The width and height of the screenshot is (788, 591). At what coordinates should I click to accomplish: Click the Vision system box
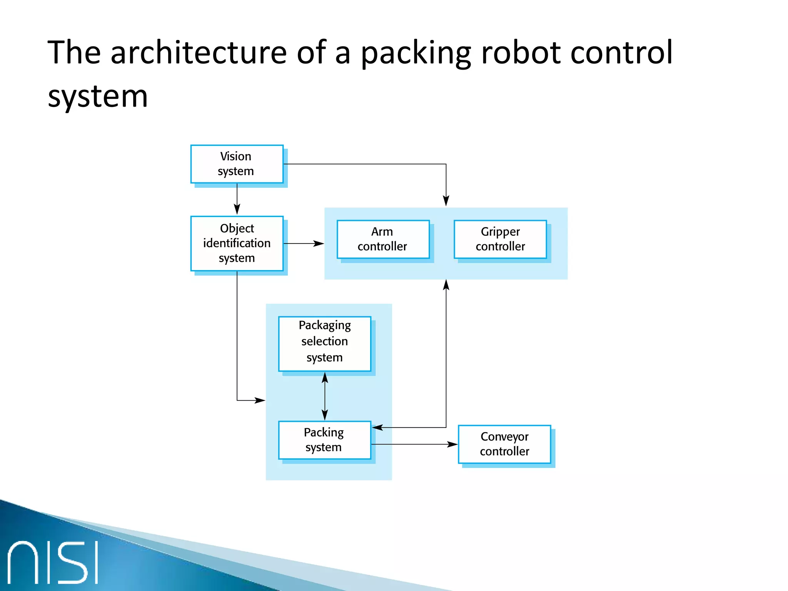237,164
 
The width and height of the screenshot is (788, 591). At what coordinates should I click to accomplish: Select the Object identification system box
237,243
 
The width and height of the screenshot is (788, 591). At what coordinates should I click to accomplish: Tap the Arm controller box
383,239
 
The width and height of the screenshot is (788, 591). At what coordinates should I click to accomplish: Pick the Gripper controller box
500,239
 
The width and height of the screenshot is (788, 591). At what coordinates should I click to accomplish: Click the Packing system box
324,440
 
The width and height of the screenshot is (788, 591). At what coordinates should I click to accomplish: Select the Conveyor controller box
504,444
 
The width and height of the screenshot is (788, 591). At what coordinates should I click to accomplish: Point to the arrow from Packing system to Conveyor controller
414,444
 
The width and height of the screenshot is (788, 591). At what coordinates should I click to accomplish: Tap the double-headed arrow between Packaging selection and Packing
325,396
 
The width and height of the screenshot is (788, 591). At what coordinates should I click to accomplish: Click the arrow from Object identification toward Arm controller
304,244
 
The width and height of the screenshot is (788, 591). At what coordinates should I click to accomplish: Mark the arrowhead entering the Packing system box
377,427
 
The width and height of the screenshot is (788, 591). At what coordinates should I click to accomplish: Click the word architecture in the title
199,53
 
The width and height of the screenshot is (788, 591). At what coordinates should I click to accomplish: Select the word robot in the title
521,53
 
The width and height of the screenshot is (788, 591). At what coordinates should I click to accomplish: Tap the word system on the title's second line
98,96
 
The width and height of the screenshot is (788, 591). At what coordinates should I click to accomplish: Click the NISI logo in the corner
53,562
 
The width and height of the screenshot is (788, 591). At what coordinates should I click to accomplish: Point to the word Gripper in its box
500,232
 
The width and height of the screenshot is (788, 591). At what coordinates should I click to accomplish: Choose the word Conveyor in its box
504,437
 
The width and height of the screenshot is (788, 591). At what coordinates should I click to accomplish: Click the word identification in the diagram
237,243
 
